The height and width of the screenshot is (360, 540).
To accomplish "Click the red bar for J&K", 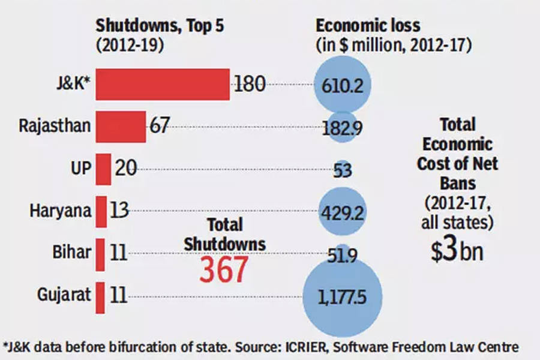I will point(163,85).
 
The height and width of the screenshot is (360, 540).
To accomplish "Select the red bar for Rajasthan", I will point(121,127).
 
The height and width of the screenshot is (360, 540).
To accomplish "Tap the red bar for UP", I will point(103,169).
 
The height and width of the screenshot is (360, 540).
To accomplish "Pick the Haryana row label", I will point(60,211).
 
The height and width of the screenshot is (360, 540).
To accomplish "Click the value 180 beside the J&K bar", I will point(250,84).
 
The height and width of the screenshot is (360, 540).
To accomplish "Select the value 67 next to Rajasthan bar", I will point(158,126).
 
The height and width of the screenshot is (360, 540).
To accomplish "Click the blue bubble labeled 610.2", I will point(343,85).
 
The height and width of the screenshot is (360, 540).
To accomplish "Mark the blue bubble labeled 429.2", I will point(343,211).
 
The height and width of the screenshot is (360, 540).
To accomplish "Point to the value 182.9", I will point(343,127).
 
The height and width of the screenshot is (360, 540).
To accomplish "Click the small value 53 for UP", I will point(343,169).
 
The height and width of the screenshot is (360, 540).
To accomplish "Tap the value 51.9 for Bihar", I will point(343,256).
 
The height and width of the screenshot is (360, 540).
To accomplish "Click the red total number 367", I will point(224,271).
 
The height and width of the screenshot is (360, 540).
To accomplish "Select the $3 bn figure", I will point(457,252).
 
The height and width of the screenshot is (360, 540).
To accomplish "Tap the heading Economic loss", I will point(368,26).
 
